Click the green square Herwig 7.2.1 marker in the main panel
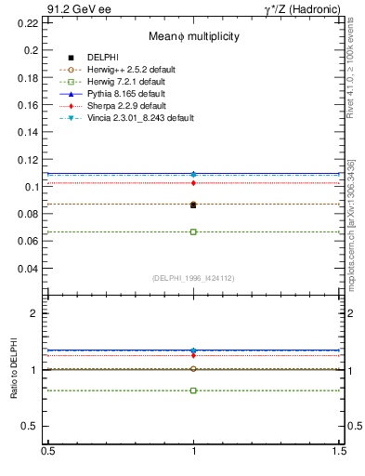(193, 231)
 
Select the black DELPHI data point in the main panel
(193, 205)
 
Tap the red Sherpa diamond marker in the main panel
(193, 183)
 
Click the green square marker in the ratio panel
(193, 390)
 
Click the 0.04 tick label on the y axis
(29, 269)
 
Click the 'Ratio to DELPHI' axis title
(14, 371)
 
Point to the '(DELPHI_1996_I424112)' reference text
(193, 278)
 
